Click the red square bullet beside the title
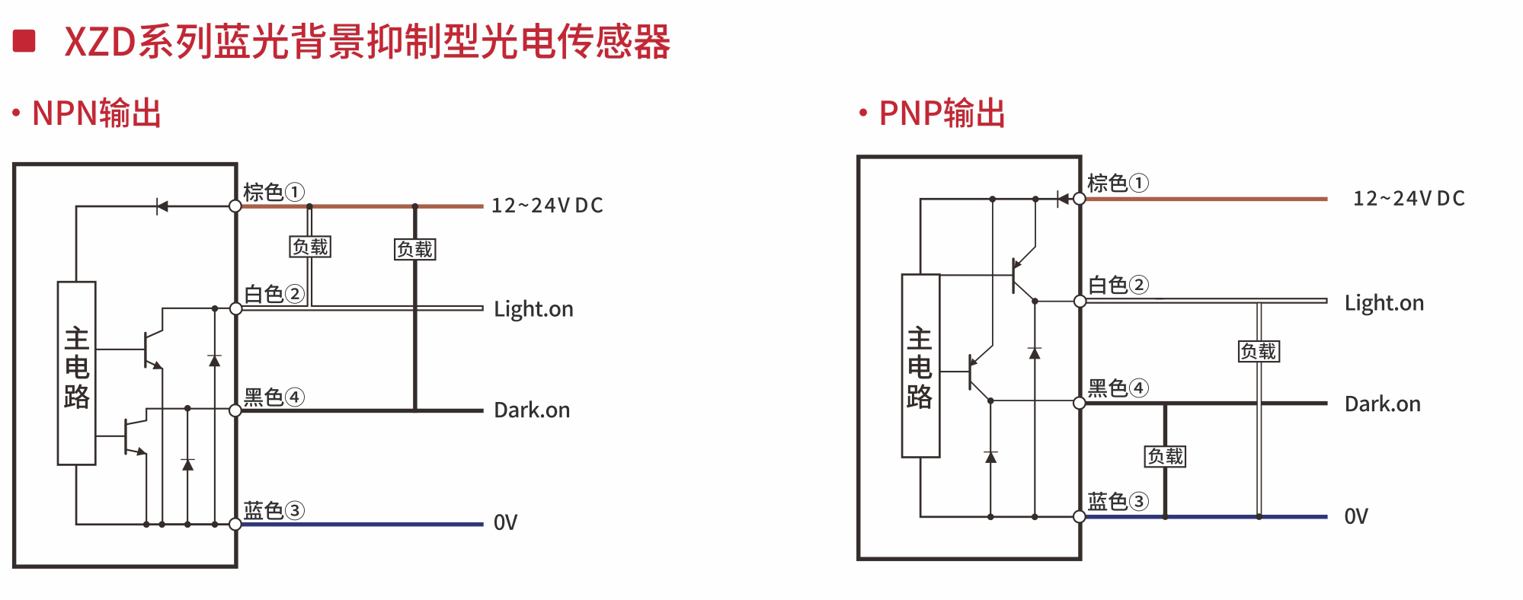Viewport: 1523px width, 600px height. click(x=24, y=41)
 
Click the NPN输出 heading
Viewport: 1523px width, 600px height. click(x=96, y=113)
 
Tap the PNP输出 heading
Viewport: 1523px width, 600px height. click(x=942, y=113)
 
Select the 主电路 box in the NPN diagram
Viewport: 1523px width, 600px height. click(x=76, y=372)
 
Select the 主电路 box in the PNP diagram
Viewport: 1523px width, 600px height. click(x=920, y=365)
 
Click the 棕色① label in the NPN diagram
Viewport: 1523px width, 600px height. click(x=274, y=192)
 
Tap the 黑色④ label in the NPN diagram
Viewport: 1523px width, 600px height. click(x=274, y=397)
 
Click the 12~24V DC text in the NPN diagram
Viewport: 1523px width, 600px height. click(x=547, y=206)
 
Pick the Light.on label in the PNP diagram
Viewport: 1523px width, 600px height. click(x=1384, y=303)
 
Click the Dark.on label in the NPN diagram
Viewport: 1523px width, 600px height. click(x=532, y=410)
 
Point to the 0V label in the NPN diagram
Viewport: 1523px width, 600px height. click(x=505, y=522)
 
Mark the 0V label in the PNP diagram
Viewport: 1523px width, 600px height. click(x=1356, y=516)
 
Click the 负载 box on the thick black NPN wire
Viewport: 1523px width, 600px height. click(x=415, y=249)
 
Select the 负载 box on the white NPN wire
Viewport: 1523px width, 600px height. click(x=311, y=247)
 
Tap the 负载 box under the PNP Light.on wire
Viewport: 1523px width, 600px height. click(x=1259, y=351)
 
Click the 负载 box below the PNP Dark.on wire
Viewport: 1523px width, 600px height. click(x=1166, y=456)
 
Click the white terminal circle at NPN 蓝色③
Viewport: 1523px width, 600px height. click(x=235, y=524)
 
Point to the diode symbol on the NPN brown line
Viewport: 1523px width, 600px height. click(x=162, y=206)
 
